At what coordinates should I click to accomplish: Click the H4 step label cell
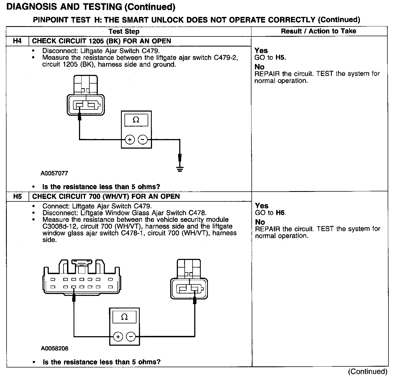(x=17, y=41)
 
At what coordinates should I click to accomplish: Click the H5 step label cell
(x=17, y=196)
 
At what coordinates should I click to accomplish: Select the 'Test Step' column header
(x=124, y=31)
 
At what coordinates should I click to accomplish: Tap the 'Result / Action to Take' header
(x=318, y=31)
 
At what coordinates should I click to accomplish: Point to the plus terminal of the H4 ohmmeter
(x=130, y=140)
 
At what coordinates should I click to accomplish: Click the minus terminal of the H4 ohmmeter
(x=143, y=140)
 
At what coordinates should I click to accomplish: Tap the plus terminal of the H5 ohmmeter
(x=118, y=337)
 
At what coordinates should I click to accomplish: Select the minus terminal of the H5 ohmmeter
(x=131, y=337)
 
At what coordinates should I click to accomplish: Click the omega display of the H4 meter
(x=136, y=120)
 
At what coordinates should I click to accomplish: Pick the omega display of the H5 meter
(x=124, y=317)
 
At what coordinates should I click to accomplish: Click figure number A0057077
(x=54, y=173)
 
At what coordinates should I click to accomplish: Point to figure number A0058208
(x=54, y=348)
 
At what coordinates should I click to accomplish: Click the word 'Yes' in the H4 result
(x=261, y=51)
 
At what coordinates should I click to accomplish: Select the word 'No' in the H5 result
(x=260, y=222)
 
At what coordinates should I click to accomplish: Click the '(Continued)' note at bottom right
(x=367, y=372)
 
